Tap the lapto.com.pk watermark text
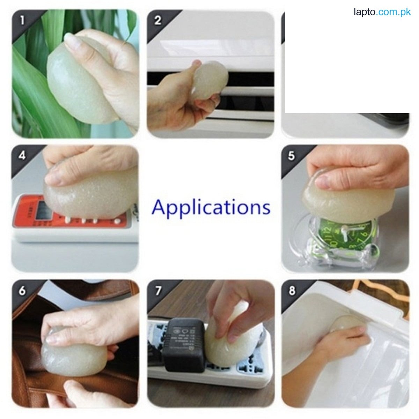click(x=382, y=13)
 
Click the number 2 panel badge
click(x=157, y=20)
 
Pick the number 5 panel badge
click(x=292, y=155)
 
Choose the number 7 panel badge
click(x=157, y=291)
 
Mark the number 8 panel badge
click(x=292, y=291)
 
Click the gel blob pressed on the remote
click(x=87, y=196)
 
